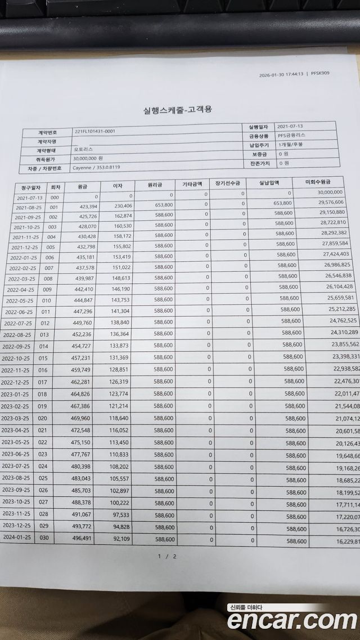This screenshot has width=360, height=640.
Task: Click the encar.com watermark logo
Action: (x=292, y=620)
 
